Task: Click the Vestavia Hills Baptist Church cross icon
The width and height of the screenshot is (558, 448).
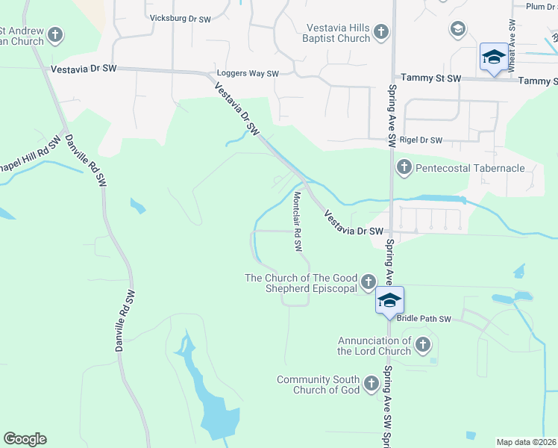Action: [381, 32]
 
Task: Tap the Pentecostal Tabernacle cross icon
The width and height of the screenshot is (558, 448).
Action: [404, 167]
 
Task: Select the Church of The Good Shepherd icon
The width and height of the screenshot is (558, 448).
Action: [369, 281]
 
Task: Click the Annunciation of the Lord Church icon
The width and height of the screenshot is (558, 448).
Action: [423, 344]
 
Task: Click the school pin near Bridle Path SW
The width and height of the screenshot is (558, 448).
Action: [389, 301]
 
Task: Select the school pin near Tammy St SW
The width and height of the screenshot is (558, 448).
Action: [494, 57]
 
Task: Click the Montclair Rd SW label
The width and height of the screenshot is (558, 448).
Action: [297, 223]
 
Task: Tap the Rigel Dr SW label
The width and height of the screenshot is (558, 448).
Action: [421, 140]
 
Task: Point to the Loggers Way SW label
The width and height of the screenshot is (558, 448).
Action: [247, 74]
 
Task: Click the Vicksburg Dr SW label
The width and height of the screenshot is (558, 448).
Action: [181, 17]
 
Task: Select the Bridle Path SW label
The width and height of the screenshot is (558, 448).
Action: [424, 319]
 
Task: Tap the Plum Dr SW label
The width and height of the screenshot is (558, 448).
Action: [541, 7]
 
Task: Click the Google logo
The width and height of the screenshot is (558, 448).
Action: [25, 439]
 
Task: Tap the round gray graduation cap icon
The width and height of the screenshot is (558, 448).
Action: [457, 29]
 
